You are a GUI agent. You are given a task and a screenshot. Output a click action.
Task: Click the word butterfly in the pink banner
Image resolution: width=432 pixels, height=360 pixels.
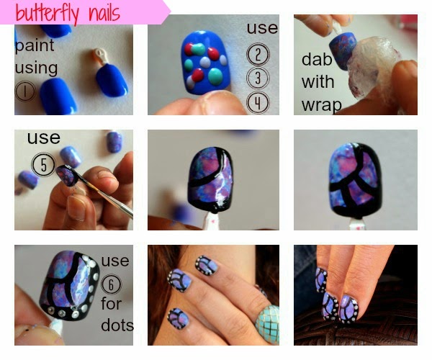click(47, 13)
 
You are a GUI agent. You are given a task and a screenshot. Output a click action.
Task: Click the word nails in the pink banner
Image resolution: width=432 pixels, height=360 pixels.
click(104, 13)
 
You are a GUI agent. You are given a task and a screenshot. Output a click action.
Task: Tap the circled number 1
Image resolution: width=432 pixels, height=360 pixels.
click(25, 91)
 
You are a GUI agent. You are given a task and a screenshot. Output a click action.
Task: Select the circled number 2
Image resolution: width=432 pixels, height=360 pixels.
click(258, 54)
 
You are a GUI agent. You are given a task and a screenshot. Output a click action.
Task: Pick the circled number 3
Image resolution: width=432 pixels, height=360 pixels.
click(258, 78)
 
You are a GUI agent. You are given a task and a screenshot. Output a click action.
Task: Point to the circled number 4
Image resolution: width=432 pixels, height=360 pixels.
click(258, 102)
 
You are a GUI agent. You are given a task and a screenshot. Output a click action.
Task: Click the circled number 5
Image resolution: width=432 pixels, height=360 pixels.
click(43, 164)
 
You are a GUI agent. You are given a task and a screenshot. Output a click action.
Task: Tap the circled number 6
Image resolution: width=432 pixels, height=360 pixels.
click(111, 284)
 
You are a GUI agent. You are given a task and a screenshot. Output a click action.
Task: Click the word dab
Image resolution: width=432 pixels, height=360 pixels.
click(317, 59)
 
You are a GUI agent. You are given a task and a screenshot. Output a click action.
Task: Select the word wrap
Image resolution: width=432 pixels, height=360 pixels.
click(322, 105)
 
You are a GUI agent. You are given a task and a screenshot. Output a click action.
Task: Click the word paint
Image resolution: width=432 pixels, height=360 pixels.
click(35, 45)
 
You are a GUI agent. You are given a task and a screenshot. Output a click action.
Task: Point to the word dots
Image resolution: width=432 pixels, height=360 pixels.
click(117, 325)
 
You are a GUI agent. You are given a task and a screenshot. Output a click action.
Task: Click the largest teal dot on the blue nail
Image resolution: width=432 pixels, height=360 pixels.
click(215, 76)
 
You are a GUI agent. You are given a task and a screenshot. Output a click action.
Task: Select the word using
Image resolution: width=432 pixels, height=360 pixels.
click(36, 68)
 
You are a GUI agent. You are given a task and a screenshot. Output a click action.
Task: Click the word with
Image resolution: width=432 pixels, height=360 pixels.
click(318, 82)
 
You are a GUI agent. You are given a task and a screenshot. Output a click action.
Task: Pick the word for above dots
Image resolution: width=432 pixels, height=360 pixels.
click(111, 304)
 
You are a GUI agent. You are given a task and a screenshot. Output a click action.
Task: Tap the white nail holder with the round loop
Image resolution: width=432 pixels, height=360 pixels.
click(99, 56)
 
